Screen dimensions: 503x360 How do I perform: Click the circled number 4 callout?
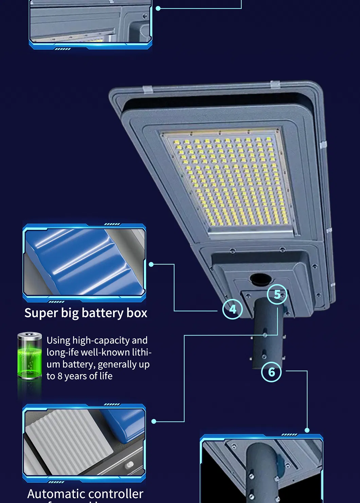[233, 309]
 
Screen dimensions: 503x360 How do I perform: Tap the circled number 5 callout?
[277, 294]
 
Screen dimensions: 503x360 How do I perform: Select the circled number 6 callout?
[271, 372]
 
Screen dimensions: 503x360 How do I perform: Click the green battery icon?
[30, 356]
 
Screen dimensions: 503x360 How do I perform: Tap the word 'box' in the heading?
[137, 313]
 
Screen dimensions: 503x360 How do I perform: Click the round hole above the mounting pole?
[260, 279]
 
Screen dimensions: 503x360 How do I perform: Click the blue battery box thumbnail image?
[84, 262]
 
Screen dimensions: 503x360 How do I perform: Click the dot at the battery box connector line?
[151, 264]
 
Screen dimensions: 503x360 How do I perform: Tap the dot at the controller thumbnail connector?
[154, 421]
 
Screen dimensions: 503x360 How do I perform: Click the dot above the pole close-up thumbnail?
[307, 430]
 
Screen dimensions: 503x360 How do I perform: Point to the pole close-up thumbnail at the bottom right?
[262, 471]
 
